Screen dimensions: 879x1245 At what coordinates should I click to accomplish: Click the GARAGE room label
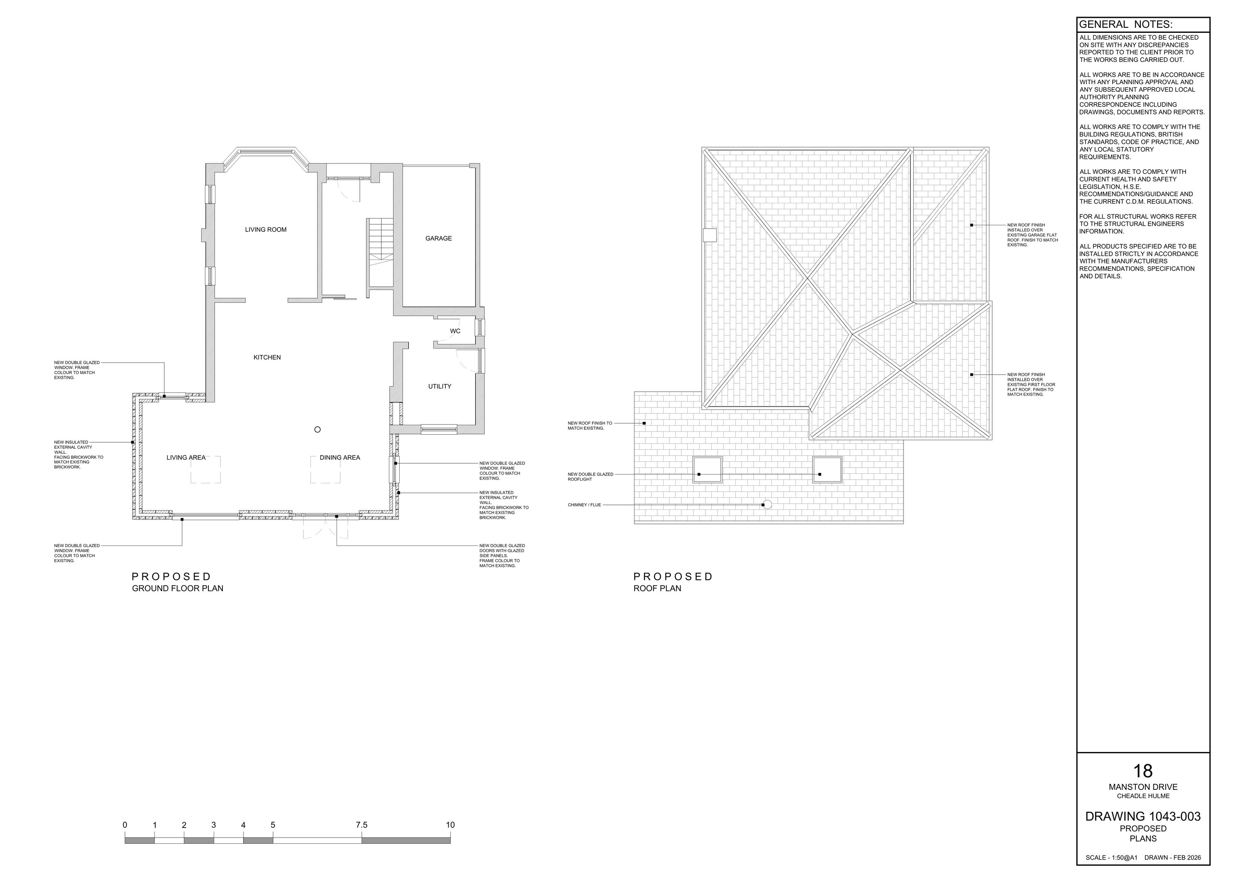pos(438,239)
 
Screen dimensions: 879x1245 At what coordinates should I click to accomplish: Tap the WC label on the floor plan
pos(455,331)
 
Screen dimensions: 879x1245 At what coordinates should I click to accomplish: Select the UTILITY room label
pos(439,386)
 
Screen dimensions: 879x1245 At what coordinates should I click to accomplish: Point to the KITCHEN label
pos(267,358)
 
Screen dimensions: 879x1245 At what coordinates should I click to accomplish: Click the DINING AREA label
pos(339,458)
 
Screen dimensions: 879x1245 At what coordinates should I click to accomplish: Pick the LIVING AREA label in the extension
pos(186,458)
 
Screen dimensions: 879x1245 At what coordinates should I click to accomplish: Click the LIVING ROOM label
pos(266,230)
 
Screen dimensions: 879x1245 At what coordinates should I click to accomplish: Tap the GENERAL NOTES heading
pos(1125,24)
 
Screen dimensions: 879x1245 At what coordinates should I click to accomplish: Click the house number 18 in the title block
pos(1142,771)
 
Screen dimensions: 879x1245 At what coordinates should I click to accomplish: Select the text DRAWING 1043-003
pos(1142,816)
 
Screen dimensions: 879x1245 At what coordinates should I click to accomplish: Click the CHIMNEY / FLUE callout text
pos(584,505)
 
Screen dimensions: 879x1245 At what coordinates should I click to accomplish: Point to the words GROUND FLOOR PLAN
pos(177,589)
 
